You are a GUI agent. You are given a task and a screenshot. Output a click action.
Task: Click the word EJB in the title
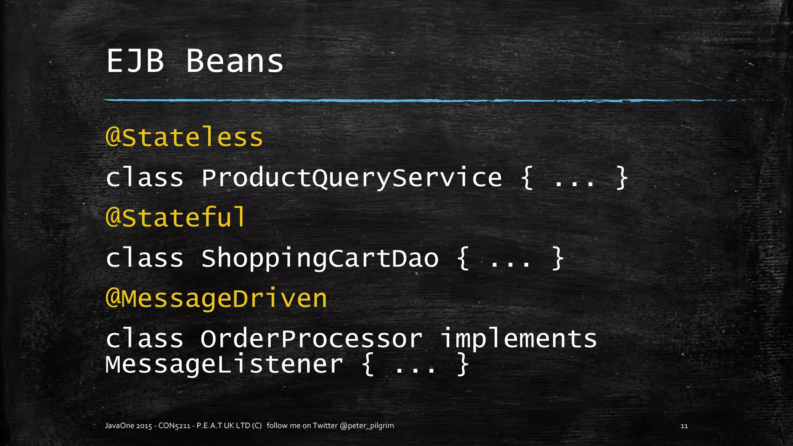point(135,61)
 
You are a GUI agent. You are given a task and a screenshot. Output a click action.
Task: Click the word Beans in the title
point(235,61)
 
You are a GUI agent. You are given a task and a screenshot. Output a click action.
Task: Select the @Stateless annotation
point(184,137)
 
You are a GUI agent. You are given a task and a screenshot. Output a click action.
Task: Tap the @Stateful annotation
point(175,217)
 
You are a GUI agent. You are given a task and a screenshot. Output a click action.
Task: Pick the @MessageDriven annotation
point(216,299)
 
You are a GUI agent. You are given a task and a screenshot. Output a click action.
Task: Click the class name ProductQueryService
point(351,178)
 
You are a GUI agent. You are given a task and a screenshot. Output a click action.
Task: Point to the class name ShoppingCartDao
point(319,258)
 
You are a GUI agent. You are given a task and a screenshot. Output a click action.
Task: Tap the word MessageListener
point(224,365)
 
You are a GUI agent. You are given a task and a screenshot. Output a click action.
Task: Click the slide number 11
point(684,426)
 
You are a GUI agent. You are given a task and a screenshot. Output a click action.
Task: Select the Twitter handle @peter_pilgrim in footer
point(367,426)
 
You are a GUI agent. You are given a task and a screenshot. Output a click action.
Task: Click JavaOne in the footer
point(120,426)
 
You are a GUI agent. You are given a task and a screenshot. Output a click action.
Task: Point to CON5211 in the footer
point(174,426)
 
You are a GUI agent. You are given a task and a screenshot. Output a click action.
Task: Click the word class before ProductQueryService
point(144,178)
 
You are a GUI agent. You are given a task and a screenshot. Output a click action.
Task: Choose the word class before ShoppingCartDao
point(144,258)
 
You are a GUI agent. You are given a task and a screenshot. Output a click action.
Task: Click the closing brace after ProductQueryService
point(621,178)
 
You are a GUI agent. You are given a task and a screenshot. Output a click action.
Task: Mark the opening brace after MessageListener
point(368,365)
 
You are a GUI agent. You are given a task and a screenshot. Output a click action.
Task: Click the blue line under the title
point(387,101)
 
